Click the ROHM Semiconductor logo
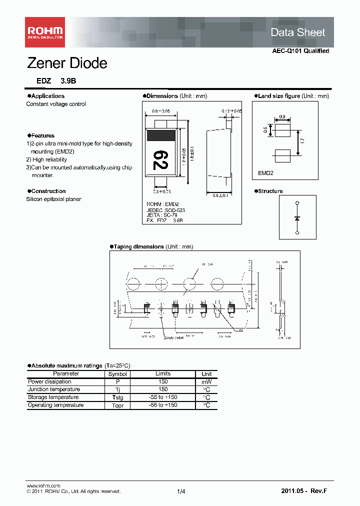(x=45, y=32)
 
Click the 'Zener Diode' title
(x=66, y=63)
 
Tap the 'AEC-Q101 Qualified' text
(x=300, y=51)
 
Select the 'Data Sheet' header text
(x=297, y=32)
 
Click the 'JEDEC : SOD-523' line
(x=165, y=210)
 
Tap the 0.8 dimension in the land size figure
(x=282, y=117)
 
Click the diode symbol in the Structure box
(x=297, y=218)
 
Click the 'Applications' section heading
(x=47, y=96)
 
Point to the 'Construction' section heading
(x=48, y=191)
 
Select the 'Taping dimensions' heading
(x=138, y=246)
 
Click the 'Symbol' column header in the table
(x=117, y=374)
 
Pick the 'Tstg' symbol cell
(x=117, y=397)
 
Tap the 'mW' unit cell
(x=206, y=381)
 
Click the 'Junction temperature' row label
(x=54, y=389)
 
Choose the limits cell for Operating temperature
(x=163, y=405)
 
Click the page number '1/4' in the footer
(x=181, y=492)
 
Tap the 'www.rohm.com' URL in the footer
(x=43, y=485)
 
